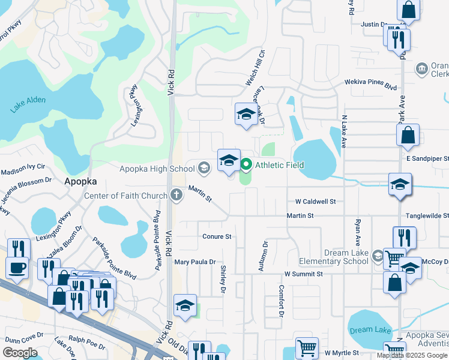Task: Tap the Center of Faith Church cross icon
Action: click(x=176, y=194)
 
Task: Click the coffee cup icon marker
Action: click(x=17, y=266)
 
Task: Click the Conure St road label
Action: click(x=217, y=237)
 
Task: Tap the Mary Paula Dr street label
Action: click(x=194, y=262)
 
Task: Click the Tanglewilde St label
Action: click(x=427, y=215)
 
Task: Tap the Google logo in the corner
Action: click(x=20, y=353)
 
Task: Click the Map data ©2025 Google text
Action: click(x=412, y=355)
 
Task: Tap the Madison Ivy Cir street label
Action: click(x=23, y=170)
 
